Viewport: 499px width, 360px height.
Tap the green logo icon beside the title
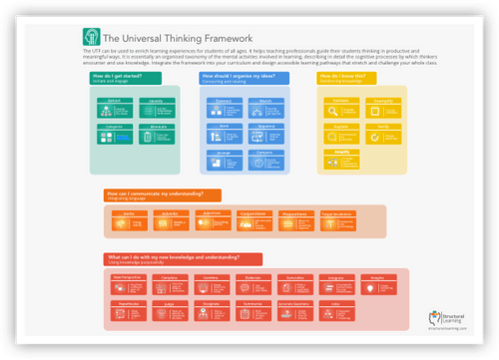90,38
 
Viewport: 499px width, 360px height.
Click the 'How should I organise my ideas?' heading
236,76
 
